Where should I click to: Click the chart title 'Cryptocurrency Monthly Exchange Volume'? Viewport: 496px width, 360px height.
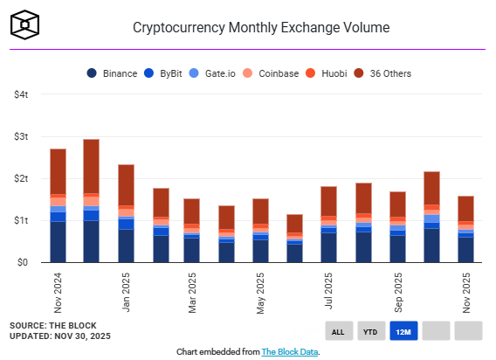[x=260, y=27]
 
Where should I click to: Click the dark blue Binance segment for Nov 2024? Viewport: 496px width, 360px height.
[x=59, y=242]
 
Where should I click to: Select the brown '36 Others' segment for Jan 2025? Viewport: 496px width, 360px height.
[x=126, y=185]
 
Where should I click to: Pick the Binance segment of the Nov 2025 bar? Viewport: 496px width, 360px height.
[x=465, y=250]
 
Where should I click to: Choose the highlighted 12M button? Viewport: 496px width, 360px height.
[x=403, y=330]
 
